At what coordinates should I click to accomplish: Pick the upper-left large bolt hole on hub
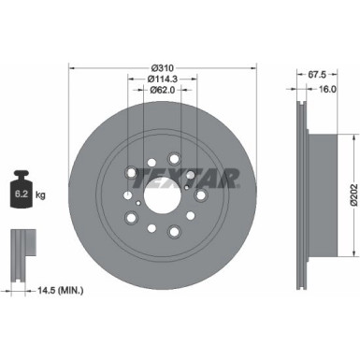pos(130,173)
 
